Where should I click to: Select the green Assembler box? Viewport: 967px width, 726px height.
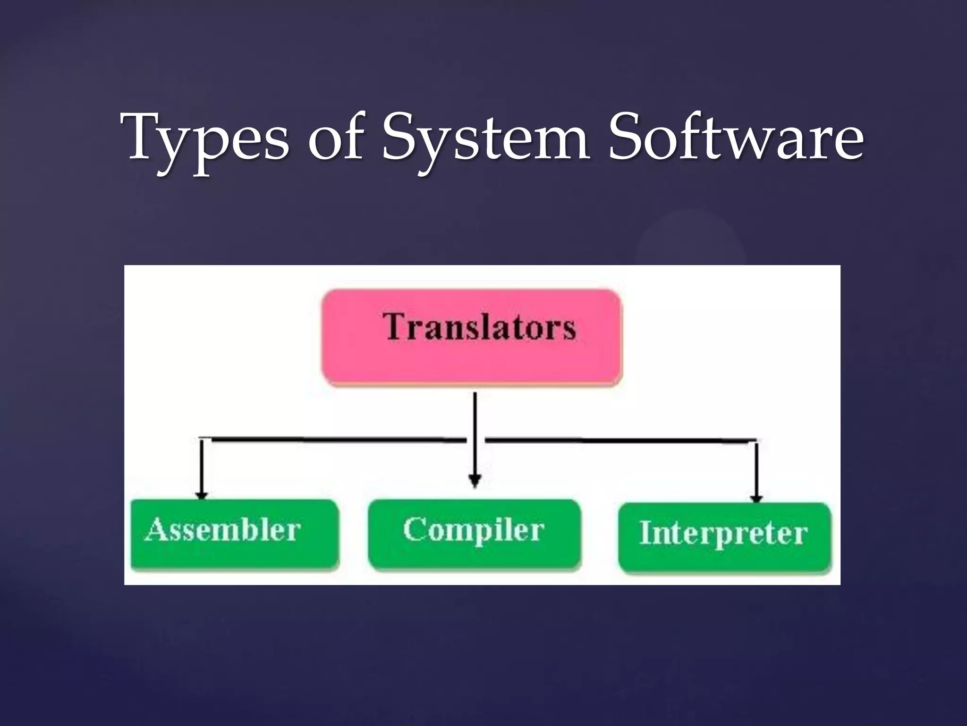(x=235, y=535)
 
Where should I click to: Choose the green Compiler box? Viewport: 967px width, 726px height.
(x=474, y=535)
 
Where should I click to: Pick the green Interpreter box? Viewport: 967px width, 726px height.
(x=724, y=538)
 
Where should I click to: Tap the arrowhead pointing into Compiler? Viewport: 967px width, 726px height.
(x=475, y=481)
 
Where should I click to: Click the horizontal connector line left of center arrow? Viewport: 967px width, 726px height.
(x=331, y=439)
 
